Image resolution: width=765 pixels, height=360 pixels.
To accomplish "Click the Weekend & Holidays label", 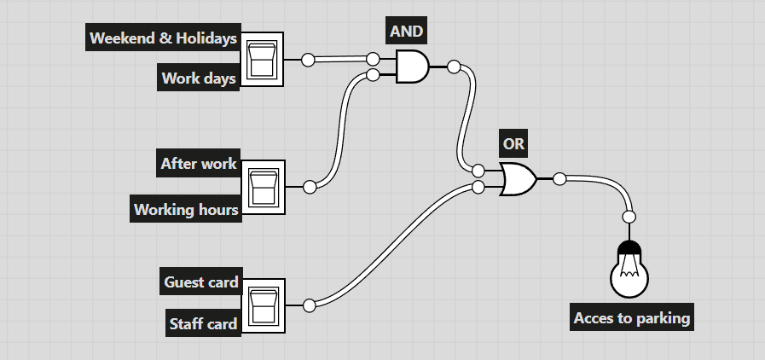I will pos(163,38).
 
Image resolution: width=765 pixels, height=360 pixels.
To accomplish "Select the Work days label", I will pos(200,78).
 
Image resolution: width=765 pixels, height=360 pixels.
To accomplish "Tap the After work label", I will pos(198,163).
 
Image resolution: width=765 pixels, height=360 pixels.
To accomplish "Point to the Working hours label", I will pos(186,209).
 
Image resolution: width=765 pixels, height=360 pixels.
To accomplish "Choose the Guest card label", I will pos(201,282).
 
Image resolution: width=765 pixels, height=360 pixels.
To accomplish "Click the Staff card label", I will pos(203,323).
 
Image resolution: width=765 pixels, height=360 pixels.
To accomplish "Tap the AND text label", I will pos(406,32).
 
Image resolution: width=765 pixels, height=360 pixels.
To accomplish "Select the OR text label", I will pos(513,144).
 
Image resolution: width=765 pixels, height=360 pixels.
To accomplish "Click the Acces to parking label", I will pos(631,318).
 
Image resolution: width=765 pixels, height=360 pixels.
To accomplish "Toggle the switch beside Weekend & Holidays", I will pos(263,60).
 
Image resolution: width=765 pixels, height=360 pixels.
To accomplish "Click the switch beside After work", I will pos(263,187).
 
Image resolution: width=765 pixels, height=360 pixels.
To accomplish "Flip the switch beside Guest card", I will pos(263,305).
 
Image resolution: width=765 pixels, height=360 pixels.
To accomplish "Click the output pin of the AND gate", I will pos(454,67).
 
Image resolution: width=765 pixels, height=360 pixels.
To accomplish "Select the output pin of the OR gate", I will pos(559,179).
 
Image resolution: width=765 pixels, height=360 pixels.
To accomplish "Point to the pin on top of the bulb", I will pos(629,216).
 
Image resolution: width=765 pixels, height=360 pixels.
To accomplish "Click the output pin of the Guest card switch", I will pos(309,305).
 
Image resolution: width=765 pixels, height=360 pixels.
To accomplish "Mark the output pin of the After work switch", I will pos(309,187).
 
